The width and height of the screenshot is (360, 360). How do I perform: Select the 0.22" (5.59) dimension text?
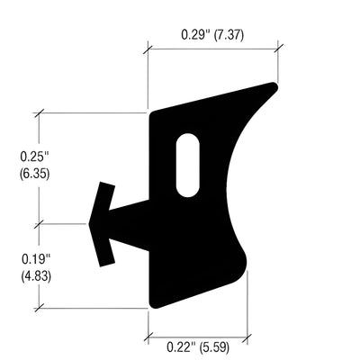(x=193, y=345)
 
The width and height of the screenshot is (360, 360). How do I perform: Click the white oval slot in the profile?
(x=187, y=165)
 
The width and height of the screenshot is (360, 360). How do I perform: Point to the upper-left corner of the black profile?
(x=151, y=113)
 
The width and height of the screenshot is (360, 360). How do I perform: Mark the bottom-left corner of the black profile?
(x=151, y=304)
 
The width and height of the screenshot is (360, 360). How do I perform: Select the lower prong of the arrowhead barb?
(x=108, y=256)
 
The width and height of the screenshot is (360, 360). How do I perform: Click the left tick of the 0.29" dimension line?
(x=148, y=48)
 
